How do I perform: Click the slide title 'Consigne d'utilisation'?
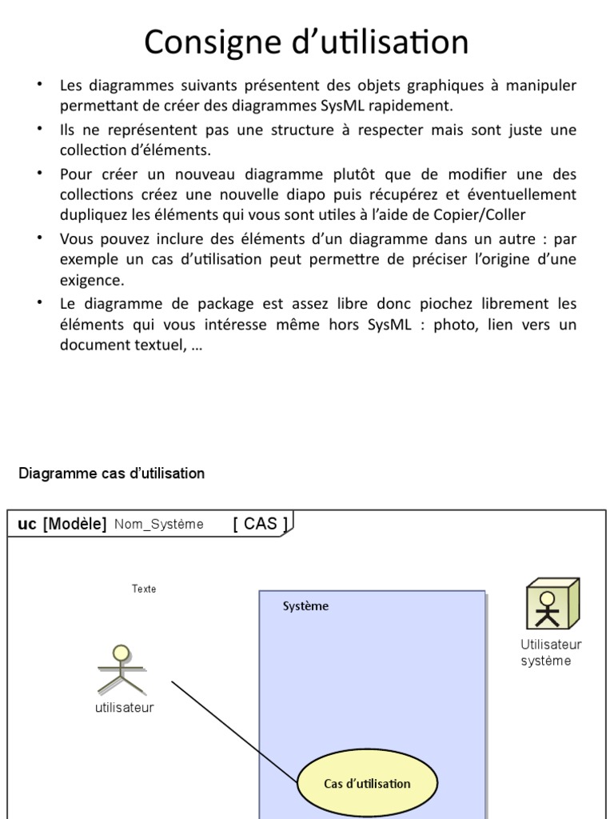(306, 42)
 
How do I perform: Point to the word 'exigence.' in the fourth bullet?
(92, 281)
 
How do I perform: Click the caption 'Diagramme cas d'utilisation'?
(111, 473)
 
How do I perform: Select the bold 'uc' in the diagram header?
(26, 524)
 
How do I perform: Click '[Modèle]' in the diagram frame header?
(74, 524)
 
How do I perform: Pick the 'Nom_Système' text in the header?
(158, 525)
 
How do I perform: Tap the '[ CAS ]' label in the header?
(261, 524)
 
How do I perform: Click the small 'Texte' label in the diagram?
(144, 589)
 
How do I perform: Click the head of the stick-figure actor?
(120, 653)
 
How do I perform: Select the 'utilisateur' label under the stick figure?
(124, 707)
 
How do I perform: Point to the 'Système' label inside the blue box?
(305, 606)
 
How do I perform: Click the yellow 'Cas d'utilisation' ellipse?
(367, 783)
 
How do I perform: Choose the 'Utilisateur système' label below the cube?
(550, 653)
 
